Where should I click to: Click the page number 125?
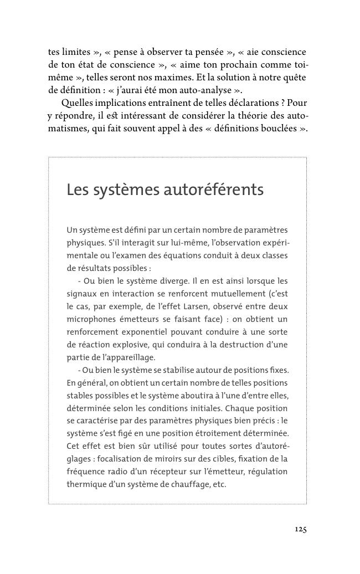tap(300, 529)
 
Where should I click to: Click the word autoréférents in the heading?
tap(213, 190)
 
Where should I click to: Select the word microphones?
tap(92, 319)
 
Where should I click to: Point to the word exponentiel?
tap(166, 332)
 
